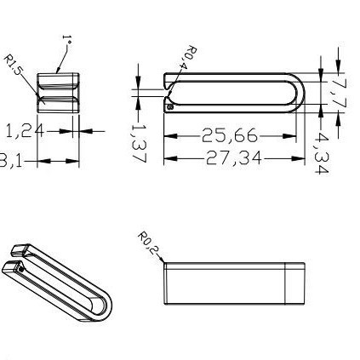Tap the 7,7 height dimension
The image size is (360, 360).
(x=339, y=91)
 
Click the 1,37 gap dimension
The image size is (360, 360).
(x=139, y=141)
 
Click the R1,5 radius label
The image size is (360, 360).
(x=14, y=65)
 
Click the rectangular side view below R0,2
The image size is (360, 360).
(x=233, y=283)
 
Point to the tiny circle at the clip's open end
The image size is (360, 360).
(x=170, y=107)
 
